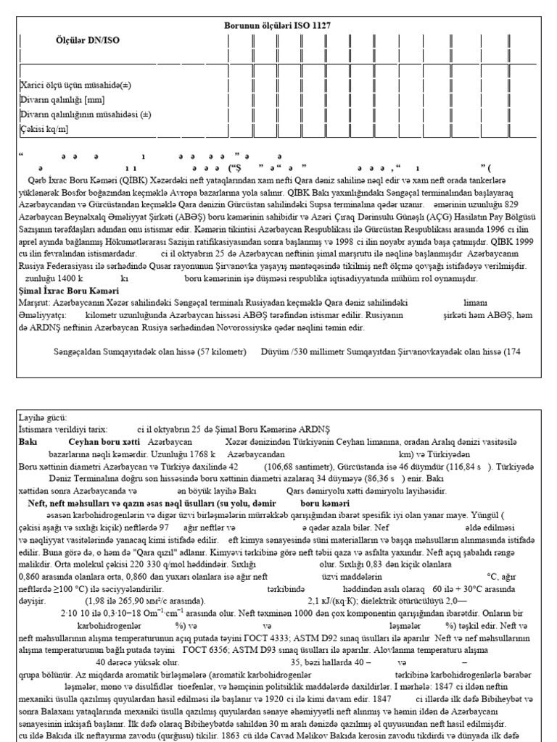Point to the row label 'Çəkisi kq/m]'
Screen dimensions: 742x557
coord(45,129)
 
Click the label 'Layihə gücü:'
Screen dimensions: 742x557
coord(42,417)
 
